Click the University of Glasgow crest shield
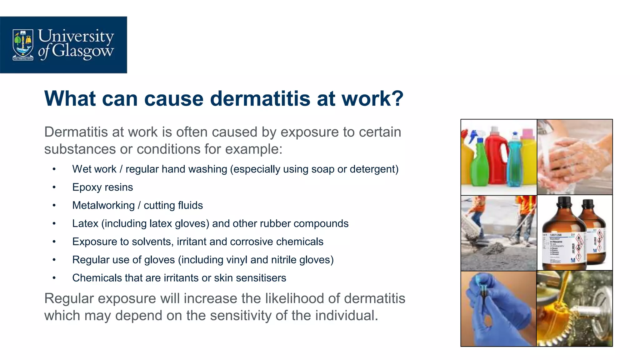[22, 44]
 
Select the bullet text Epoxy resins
[102, 187]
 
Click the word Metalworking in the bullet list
[103, 205]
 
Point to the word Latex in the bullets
[85, 223]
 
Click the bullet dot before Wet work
[54, 169]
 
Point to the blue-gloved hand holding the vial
[494, 312]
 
